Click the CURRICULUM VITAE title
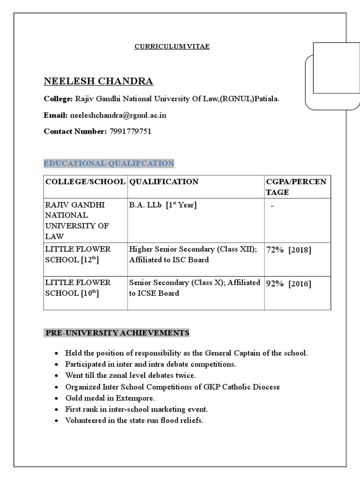(x=172, y=46)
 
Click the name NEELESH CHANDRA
(x=98, y=81)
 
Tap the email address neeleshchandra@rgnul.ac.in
(x=118, y=115)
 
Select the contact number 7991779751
(x=130, y=131)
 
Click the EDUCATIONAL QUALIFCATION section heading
(x=109, y=163)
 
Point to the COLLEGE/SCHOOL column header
(x=85, y=182)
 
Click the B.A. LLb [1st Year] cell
(x=162, y=205)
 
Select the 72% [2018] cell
(x=288, y=249)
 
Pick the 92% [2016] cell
(x=288, y=283)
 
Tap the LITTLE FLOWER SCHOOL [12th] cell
(x=78, y=254)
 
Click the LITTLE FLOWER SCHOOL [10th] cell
(x=78, y=288)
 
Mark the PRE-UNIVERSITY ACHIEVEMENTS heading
(x=117, y=333)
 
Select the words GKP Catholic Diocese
(x=239, y=387)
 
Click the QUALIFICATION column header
(x=164, y=182)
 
